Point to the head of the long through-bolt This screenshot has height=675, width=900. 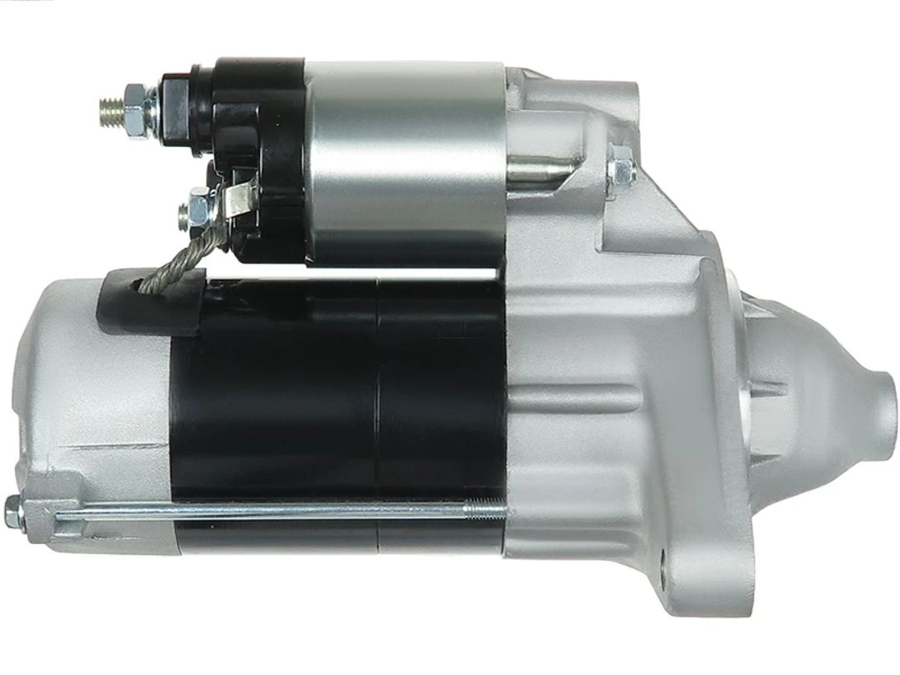(13, 512)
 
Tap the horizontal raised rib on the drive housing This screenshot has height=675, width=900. (575, 392)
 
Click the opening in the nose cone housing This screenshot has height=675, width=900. (762, 417)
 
